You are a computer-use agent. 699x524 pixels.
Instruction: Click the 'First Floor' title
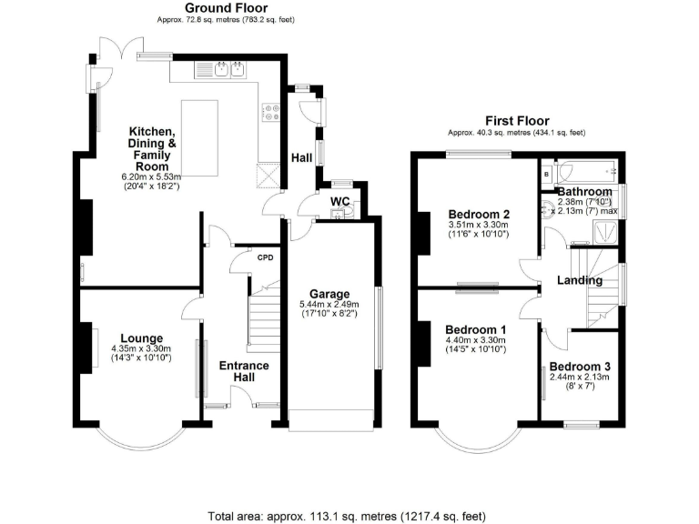coord(515,119)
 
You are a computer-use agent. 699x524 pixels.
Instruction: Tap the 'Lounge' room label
coord(141,338)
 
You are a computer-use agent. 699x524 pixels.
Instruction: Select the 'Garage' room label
coord(329,294)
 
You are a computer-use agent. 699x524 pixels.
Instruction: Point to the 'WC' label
coord(339,200)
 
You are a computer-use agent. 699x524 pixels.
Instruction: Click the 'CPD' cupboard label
coord(265,257)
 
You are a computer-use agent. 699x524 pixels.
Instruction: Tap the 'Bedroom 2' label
coord(473,214)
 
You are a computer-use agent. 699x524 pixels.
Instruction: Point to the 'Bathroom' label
coord(584,192)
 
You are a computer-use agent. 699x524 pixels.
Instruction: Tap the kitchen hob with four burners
coord(270,112)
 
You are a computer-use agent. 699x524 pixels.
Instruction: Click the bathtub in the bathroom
coord(586,171)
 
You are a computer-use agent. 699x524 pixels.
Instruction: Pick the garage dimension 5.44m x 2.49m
coord(329,305)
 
